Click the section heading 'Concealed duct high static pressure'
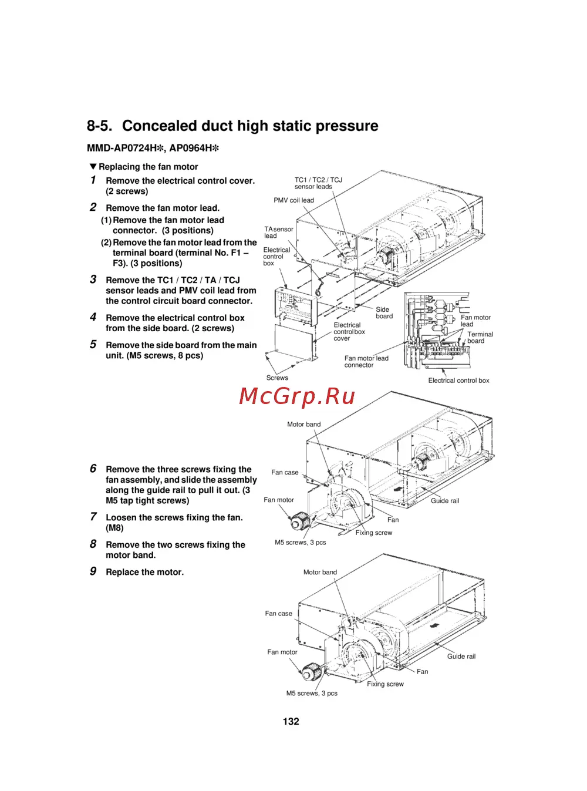point(250,126)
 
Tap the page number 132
point(291,722)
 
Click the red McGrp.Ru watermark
point(297,396)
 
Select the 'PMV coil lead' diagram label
point(293,200)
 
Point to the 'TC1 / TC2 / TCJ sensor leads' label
point(318,183)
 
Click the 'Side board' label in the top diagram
point(384,313)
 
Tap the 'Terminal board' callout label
point(480,338)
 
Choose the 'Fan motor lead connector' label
point(366,362)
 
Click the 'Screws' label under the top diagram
point(277,378)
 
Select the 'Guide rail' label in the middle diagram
point(445,501)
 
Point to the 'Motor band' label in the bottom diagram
point(320,572)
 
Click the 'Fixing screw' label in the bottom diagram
point(385,684)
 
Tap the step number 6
point(93,469)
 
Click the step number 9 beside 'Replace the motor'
point(93,571)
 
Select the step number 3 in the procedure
point(93,280)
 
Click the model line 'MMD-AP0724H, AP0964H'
point(153,149)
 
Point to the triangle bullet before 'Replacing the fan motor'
point(93,167)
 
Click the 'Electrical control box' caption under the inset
point(458,381)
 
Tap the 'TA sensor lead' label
point(278,233)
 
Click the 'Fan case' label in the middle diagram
point(285,472)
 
